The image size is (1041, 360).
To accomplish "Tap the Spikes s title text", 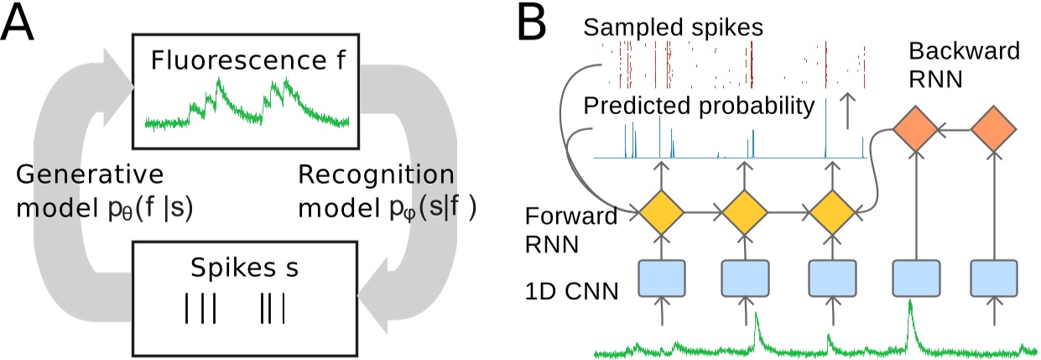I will coord(244,271).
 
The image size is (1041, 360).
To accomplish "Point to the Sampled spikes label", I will coord(673,27).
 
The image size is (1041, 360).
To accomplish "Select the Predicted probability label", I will coord(699,107).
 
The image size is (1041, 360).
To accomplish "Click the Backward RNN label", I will coord(964,65).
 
